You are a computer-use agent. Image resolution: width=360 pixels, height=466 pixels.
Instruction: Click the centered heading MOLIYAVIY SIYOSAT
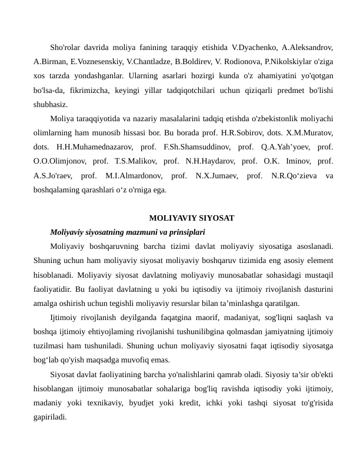pos(192,218)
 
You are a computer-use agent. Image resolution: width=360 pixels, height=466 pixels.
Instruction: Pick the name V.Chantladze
pos(151,60)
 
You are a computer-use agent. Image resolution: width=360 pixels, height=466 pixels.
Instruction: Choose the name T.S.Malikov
pos(134,160)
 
